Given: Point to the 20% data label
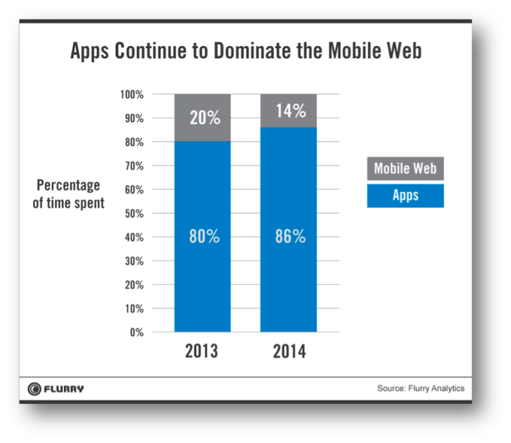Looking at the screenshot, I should [203, 117].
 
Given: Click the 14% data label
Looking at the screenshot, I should [289, 111].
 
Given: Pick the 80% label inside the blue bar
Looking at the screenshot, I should [203, 236].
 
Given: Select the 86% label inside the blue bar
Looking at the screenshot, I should [289, 236].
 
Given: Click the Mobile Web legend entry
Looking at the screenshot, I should [405, 168].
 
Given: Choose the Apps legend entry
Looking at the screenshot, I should [405, 196].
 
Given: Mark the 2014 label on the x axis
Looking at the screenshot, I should [289, 351].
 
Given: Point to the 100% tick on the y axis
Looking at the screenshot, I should [132, 95].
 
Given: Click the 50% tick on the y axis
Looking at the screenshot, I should [133, 214].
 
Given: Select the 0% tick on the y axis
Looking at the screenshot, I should [136, 332].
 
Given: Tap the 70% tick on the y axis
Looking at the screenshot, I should [133, 166].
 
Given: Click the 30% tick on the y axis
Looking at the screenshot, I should [133, 261].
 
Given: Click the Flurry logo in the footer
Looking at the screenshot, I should [56, 389].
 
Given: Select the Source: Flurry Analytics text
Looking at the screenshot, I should [420, 389].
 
